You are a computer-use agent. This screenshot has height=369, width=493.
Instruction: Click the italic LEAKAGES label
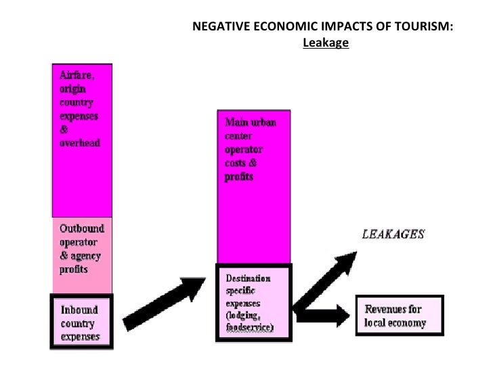[393, 235]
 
